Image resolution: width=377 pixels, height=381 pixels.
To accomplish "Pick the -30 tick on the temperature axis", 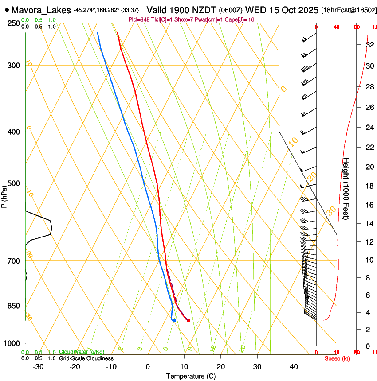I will (x=38, y=366).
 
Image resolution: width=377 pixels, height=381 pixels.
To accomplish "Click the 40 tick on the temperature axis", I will (x=294, y=366).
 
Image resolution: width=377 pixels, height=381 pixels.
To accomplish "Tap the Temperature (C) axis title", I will (x=191, y=376).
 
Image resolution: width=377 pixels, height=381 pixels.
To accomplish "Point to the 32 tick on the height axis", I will (x=369, y=45).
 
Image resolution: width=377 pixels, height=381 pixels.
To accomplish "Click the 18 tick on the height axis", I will (x=369, y=186).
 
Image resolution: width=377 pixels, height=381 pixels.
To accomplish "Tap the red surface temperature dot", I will (x=188, y=320).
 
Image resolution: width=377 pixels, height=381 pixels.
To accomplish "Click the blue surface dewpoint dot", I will (x=174, y=320).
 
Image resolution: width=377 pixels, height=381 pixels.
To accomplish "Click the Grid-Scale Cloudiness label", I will (x=86, y=358).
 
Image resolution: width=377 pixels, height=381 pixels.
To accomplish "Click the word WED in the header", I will (x=255, y=10).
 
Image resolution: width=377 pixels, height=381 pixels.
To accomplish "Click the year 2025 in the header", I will (x=306, y=10).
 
